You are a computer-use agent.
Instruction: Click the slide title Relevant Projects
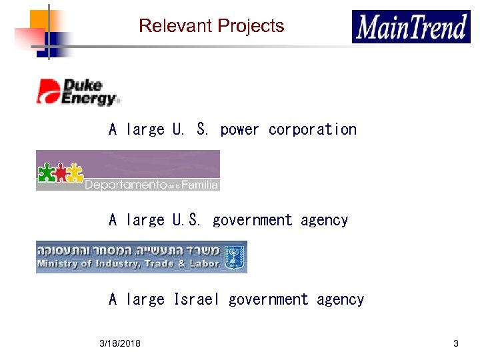tap(211, 26)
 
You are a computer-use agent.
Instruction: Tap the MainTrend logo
tap(411, 27)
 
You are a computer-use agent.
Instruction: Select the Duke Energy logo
tap(79, 91)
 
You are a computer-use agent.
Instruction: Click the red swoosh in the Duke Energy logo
tap(47, 90)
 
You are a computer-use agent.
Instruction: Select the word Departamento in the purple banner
tap(125, 185)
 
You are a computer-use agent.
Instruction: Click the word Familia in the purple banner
tap(201, 185)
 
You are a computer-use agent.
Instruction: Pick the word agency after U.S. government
tap(324, 220)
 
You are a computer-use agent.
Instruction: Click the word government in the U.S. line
tap(252, 220)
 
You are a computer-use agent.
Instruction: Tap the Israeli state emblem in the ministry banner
tap(234, 256)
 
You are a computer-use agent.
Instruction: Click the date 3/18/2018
tap(120, 343)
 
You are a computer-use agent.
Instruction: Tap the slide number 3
tap(455, 343)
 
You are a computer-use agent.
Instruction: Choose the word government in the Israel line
tap(268, 299)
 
